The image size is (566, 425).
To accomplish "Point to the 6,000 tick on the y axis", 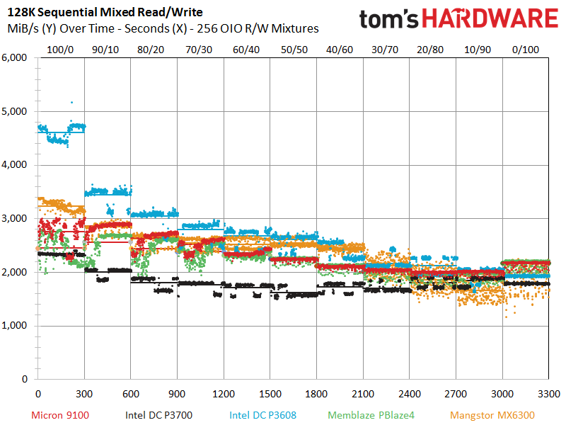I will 15,58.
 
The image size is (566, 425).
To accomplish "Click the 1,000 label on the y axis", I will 15,326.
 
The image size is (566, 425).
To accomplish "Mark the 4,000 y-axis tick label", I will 15,165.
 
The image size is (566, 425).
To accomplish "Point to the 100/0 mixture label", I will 61,50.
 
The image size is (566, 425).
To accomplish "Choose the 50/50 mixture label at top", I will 294,50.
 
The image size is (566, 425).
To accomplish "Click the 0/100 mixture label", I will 526,50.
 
